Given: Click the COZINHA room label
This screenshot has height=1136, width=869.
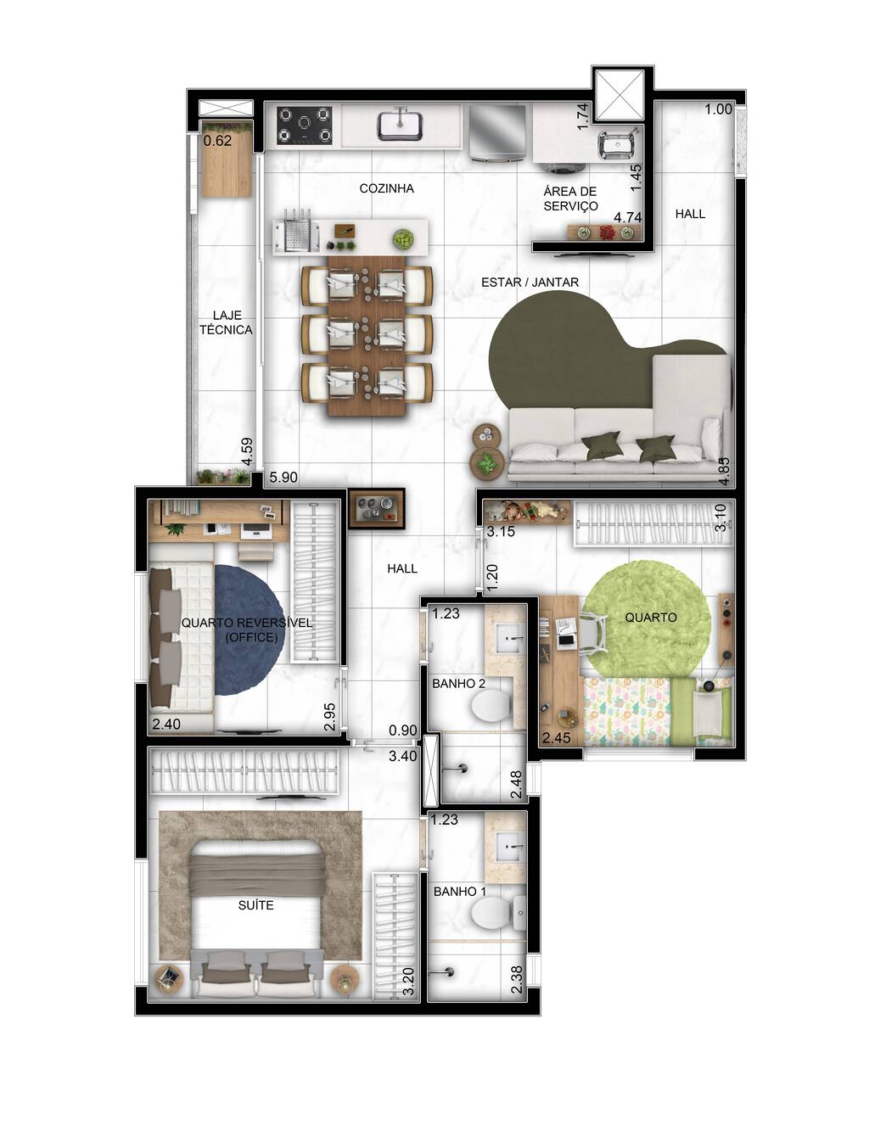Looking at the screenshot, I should coord(386,188).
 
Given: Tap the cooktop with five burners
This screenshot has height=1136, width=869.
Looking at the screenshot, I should coord(304,126).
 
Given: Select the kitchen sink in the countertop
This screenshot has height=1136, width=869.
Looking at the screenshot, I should coord(401,125).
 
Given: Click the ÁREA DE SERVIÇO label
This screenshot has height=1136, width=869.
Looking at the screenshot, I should coord(570,199).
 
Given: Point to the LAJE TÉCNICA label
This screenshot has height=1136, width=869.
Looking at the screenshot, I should coord(226,322).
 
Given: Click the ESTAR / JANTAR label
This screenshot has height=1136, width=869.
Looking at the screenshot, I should coord(530,283).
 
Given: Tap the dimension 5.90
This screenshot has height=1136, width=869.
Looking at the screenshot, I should coord(283,478).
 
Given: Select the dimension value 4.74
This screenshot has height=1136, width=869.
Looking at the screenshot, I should coord(627,217).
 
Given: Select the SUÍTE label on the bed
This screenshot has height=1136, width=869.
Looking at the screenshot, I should coord(255,905).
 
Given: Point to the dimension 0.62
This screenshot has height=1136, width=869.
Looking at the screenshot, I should coord(218,141).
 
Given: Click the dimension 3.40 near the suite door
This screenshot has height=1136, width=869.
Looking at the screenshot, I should coord(402,756).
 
